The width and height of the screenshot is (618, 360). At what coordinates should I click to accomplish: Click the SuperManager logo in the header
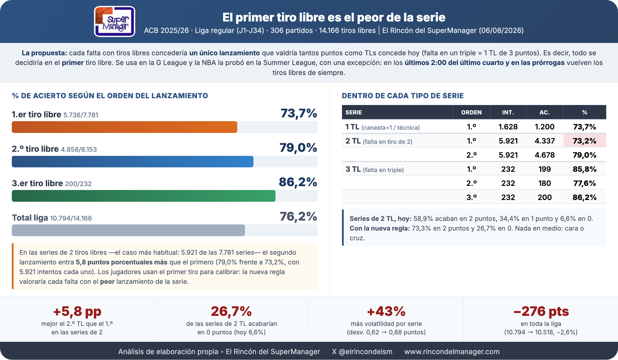point(114,21)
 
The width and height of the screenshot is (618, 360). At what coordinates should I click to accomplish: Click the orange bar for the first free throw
point(124,127)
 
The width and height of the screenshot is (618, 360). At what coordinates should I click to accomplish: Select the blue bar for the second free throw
point(132,161)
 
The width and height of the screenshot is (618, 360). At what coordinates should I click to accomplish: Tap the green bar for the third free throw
point(144,196)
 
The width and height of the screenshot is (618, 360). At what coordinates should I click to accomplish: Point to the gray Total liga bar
point(128,230)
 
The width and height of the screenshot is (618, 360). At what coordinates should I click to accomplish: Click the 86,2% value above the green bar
point(298,182)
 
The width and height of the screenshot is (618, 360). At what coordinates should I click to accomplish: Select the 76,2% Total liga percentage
point(298,217)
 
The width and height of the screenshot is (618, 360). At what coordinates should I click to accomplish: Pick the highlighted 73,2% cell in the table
point(584,141)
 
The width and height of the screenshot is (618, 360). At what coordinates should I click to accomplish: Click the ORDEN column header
point(471,112)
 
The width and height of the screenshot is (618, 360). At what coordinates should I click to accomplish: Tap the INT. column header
point(508,112)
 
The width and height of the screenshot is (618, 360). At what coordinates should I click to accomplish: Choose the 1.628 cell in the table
point(508,127)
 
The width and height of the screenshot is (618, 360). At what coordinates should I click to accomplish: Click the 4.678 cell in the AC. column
point(545,155)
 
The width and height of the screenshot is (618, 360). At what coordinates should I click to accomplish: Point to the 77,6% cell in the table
point(584,183)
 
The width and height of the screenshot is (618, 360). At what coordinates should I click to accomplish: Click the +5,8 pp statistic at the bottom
point(77,311)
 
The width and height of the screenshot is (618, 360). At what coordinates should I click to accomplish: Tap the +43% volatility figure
point(386,311)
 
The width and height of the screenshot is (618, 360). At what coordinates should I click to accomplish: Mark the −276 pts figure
point(541,311)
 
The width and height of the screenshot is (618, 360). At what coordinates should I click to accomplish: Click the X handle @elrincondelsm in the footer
point(362,352)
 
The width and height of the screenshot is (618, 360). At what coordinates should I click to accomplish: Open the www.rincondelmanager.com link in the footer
point(452,352)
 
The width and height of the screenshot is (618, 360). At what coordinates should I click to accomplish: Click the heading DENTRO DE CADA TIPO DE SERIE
point(403,96)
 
